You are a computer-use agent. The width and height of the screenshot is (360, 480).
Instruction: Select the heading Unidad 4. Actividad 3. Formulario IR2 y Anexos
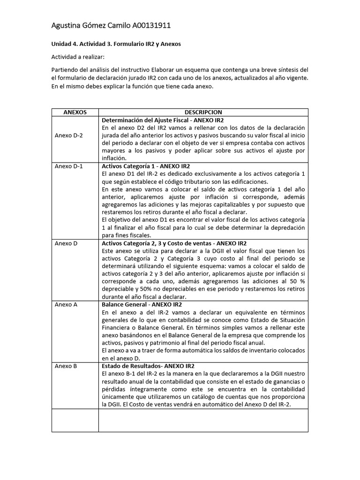tap(116, 44)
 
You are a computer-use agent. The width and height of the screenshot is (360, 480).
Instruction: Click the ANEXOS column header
tap(75, 112)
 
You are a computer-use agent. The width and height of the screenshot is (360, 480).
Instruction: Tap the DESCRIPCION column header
tap(203, 112)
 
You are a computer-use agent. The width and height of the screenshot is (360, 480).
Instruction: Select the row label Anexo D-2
tap(68, 135)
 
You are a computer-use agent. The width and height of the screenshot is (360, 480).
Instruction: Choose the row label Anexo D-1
tap(68, 166)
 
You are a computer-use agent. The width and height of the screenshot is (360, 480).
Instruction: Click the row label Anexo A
tap(66, 304)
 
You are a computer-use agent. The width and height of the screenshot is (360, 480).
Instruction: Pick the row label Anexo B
tap(66, 366)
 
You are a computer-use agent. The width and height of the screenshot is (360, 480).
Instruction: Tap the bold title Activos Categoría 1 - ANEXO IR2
tap(146, 166)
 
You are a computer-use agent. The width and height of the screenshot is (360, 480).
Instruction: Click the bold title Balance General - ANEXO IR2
tap(142, 304)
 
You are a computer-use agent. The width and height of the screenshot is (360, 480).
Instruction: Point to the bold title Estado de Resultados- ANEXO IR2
tap(148, 366)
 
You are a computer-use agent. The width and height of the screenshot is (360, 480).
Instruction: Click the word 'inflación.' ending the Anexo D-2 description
tap(114, 158)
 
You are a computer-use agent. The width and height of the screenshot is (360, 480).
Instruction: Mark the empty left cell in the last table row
tap(75, 420)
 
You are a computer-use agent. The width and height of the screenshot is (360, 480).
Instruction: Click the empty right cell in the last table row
tap(203, 420)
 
